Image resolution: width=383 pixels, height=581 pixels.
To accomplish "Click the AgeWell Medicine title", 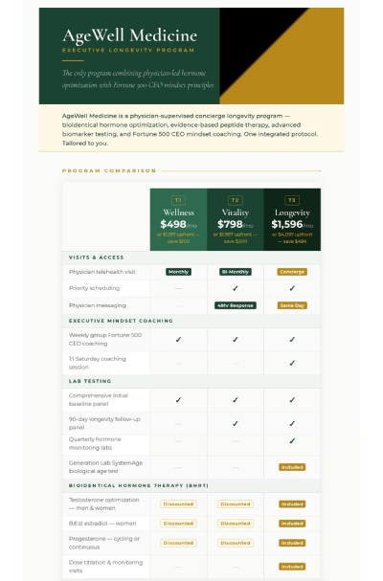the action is tap(130, 36).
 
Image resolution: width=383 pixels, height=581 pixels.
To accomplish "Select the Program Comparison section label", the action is tap(109, 170).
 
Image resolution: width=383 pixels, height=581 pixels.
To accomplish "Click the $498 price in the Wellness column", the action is tap(175, 224).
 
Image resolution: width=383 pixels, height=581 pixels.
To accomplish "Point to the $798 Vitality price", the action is tap(232, 224).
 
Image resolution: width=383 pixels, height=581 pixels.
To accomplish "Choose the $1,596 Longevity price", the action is tap(289, 224).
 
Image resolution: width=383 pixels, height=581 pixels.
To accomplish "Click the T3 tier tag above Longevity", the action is tap(292, 200).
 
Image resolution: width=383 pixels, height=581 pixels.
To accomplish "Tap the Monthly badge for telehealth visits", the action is tap(178, 272).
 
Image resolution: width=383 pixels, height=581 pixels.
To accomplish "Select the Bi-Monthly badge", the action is tap(235, 272).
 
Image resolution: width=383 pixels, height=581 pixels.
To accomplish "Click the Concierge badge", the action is tap(292, 272).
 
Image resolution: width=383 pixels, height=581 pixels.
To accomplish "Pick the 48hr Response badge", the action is tap(235, 304).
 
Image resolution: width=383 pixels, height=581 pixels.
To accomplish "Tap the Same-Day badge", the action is tap(292, 304).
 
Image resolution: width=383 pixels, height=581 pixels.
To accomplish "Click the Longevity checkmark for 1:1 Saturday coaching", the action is tap(292, 364).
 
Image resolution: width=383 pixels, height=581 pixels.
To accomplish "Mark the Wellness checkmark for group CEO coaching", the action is tap(178, 339).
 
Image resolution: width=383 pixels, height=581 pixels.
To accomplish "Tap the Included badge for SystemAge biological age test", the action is tap(292, 467).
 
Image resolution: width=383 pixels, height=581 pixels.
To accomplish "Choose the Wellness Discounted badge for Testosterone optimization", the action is tap(178, 503).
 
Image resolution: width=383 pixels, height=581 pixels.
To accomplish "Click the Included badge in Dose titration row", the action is tap(292, 566).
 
